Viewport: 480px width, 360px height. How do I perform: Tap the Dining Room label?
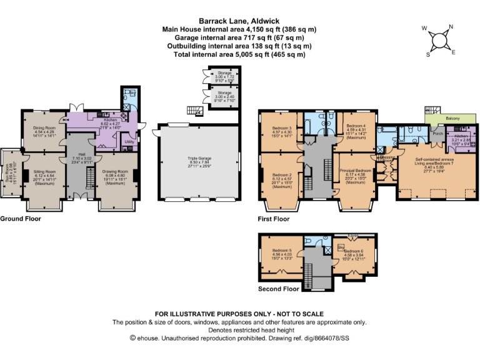(x=44, y=128)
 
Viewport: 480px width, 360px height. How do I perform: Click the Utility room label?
(x=129, y=142)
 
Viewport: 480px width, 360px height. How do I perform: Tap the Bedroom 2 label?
(x=282, y=175)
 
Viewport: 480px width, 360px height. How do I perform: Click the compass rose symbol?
(x=440, y=39)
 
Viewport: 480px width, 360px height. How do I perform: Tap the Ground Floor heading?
(x=21, y=219)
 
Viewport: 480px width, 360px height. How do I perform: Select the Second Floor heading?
(x=278, y=289)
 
